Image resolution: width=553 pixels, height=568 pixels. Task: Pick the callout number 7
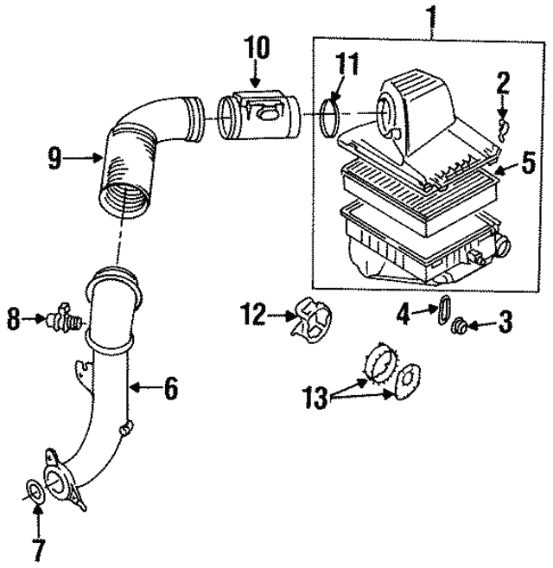36,547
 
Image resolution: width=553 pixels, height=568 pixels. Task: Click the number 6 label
171,390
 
